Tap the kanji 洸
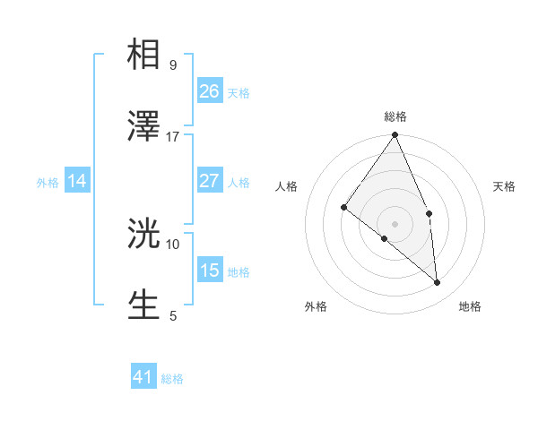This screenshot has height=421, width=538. (x=143, y=233)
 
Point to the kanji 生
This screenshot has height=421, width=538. (x=143, y=305)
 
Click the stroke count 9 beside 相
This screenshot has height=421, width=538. (x=172, y=64)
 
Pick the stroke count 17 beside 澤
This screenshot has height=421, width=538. (x=172, y=136)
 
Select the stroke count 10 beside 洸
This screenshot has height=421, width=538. (x=172, y=243)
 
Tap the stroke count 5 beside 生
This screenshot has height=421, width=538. (x=172, y=314)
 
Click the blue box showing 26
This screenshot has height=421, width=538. (x=209, y=90)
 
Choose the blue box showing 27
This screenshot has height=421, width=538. (x=209, y=181)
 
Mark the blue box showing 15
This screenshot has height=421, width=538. (x=209, y=270)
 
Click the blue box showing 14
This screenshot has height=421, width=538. (x=77, y=181)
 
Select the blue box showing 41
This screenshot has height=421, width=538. (x=143, y=377)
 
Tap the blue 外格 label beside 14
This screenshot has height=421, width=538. (x=48, y=183)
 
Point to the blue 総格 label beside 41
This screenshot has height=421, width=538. (x=172, y=379)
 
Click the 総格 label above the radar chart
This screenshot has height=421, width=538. (x=395, y=116)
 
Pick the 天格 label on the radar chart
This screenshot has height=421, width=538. (x=505, y=186)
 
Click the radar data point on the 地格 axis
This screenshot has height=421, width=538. (x=437, y=282)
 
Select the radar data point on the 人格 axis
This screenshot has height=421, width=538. (x=344, y=207)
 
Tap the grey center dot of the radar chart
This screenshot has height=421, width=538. (x=395, y=223)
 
